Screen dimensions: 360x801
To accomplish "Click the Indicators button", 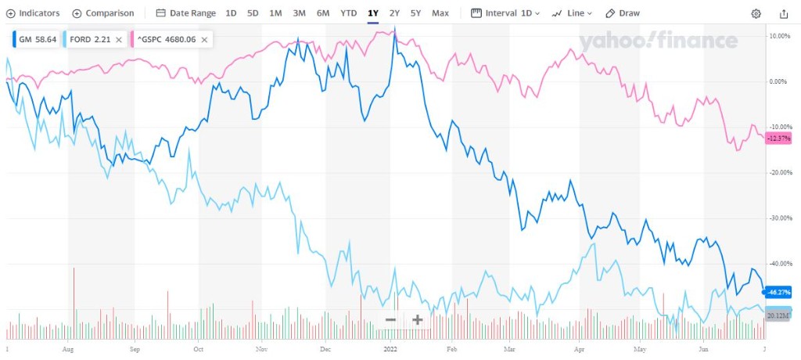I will pyautogui.click(x=33, y=13).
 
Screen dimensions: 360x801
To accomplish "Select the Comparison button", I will pyautogui.click(x=102, y=13).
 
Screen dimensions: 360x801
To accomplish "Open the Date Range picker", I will pyautogui.click(x=185, y=13).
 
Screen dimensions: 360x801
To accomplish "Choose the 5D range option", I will pyautogui.click(x=253, y=13).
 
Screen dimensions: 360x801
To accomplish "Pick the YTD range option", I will pyautogui.click(x=349, y=13).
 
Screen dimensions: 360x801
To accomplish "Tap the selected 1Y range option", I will pyautogui.click(x=373, y=13).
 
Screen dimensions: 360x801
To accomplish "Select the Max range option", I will pyautogui.click(x=440, y=13).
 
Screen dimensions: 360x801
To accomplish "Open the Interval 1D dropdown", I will pyautogui.click(x=505, y=13).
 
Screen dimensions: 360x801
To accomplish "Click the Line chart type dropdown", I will pyautogui.click(x=572, y=13).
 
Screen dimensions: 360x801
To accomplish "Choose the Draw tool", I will pyautogui.click(x=623, y=13).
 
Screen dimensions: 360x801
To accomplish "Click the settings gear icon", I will pyautogui.click(x=756, y=13).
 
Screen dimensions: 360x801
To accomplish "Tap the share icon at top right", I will pyautogui.click(x=784, y=13).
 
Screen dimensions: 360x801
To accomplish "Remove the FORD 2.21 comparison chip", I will pyautogui.click(x=118, y=39).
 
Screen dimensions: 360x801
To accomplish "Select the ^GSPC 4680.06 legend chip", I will pyautogui.click(x=168, y=39).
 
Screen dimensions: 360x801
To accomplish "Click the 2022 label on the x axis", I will pyautogui.click(x=390, y=350).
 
